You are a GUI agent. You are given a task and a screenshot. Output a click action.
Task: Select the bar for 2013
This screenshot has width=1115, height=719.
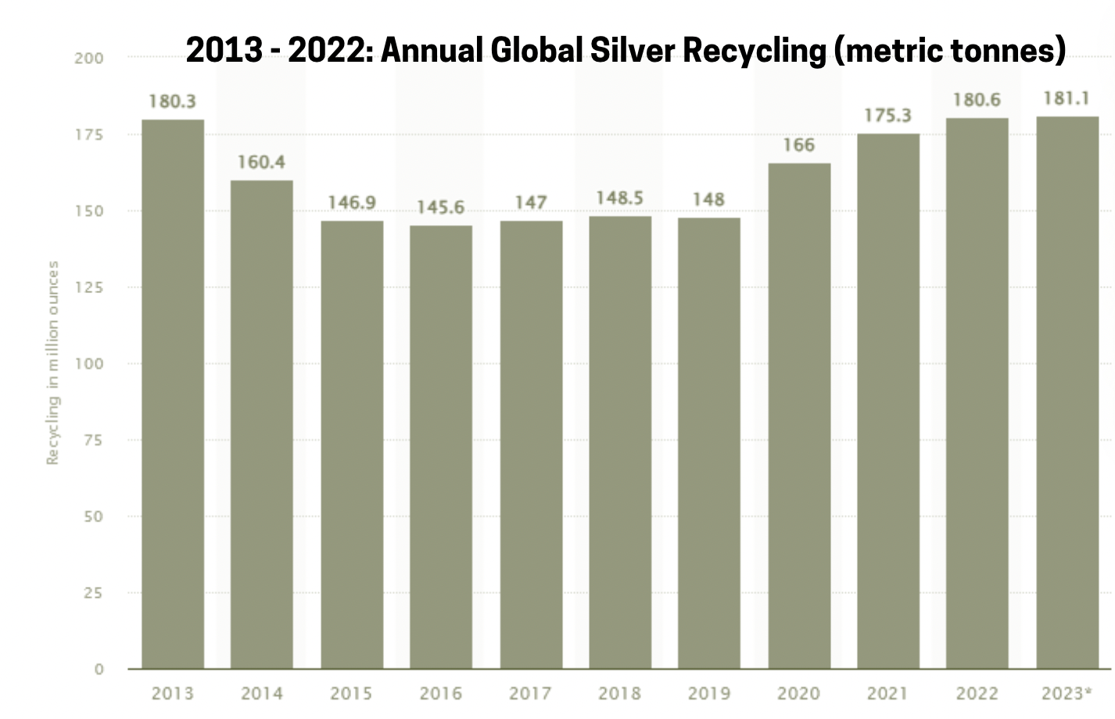point(173,394)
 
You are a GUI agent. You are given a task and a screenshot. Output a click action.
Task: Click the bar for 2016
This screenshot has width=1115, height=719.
point(441,447)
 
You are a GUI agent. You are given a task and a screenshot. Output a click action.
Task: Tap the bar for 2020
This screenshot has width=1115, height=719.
point(799,416)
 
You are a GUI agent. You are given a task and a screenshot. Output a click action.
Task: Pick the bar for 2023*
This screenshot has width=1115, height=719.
point(1067,392)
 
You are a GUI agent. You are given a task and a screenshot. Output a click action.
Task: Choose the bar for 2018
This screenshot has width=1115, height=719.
point(620,442)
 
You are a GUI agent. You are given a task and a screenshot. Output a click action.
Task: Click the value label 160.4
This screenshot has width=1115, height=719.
point(261,163)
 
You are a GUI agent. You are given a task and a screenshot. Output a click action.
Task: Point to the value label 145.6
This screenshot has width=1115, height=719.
point(440,208)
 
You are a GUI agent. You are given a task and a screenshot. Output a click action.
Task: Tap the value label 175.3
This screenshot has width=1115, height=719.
point(887,116)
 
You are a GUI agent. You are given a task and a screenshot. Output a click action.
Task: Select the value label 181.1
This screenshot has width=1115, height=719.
point(1067,99)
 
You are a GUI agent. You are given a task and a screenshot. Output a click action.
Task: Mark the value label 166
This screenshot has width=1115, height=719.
point(798,145)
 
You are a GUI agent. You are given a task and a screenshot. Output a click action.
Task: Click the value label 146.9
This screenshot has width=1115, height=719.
point(351,203)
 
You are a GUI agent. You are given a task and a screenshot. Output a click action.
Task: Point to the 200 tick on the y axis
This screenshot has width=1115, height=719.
point(88,58)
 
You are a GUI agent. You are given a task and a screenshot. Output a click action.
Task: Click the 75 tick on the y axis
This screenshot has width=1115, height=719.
point(93,440)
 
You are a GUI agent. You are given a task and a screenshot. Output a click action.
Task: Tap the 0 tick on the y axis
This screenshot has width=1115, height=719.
point(99,669)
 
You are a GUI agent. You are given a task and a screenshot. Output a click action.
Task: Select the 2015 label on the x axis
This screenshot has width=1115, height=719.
point(351,693)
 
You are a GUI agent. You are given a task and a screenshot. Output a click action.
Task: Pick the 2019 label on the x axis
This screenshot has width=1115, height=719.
point(709,693)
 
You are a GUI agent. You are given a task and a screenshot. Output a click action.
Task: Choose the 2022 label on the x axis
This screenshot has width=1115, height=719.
point(977,693)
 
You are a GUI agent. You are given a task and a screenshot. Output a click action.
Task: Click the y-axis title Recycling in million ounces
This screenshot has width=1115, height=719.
point(52,363)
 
